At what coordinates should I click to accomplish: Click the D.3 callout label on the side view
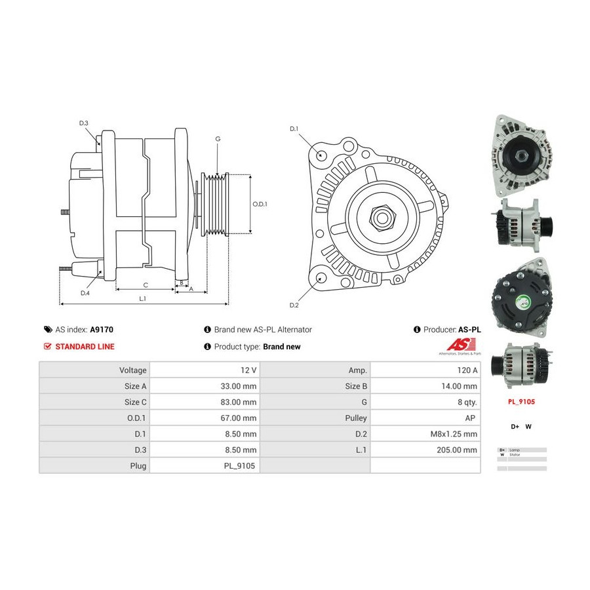(84, 123)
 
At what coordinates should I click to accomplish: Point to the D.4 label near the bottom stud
(85, 293)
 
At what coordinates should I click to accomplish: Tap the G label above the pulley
(218, 139)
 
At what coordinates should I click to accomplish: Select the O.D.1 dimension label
(260, 204)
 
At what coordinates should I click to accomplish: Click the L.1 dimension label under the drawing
(142, 299)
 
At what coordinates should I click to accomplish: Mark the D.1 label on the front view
(294, 128)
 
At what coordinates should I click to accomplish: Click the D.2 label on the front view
(294, 305)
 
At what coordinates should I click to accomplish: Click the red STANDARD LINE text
(85, 346)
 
